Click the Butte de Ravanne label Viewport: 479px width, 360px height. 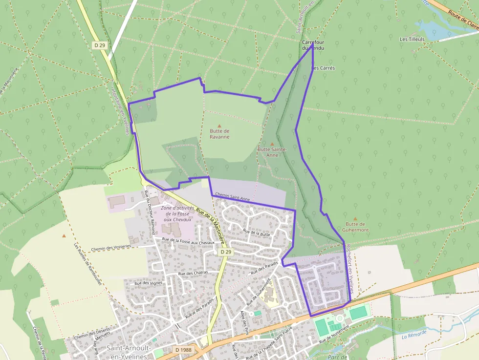(x=219, y=134)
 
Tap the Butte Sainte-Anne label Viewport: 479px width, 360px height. (x=272, y=152)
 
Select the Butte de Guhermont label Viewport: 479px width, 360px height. (x=355, y=227)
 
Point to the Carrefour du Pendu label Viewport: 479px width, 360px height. (x=313, y=45)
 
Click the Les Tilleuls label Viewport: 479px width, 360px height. (x=412, y=39)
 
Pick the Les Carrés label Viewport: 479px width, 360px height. (x=323, y=68)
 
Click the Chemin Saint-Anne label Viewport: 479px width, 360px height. (x=233, y=197)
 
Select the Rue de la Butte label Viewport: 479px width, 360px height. (x=257, y=233)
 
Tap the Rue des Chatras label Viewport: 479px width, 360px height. (x=193, y=273)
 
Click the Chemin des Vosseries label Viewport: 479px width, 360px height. (x=111, y=247)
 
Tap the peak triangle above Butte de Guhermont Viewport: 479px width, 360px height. (x=355, y=219)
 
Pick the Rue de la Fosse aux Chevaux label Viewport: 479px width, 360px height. (x=188, y=241)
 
